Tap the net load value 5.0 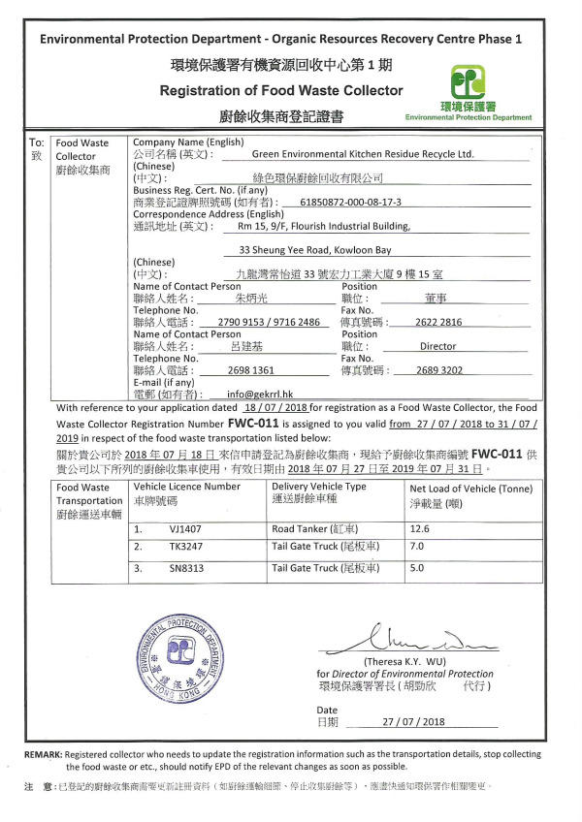(x=419, y=568)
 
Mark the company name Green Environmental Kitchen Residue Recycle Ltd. (x=362, y=153)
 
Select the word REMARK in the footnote (x=44, y=753)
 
